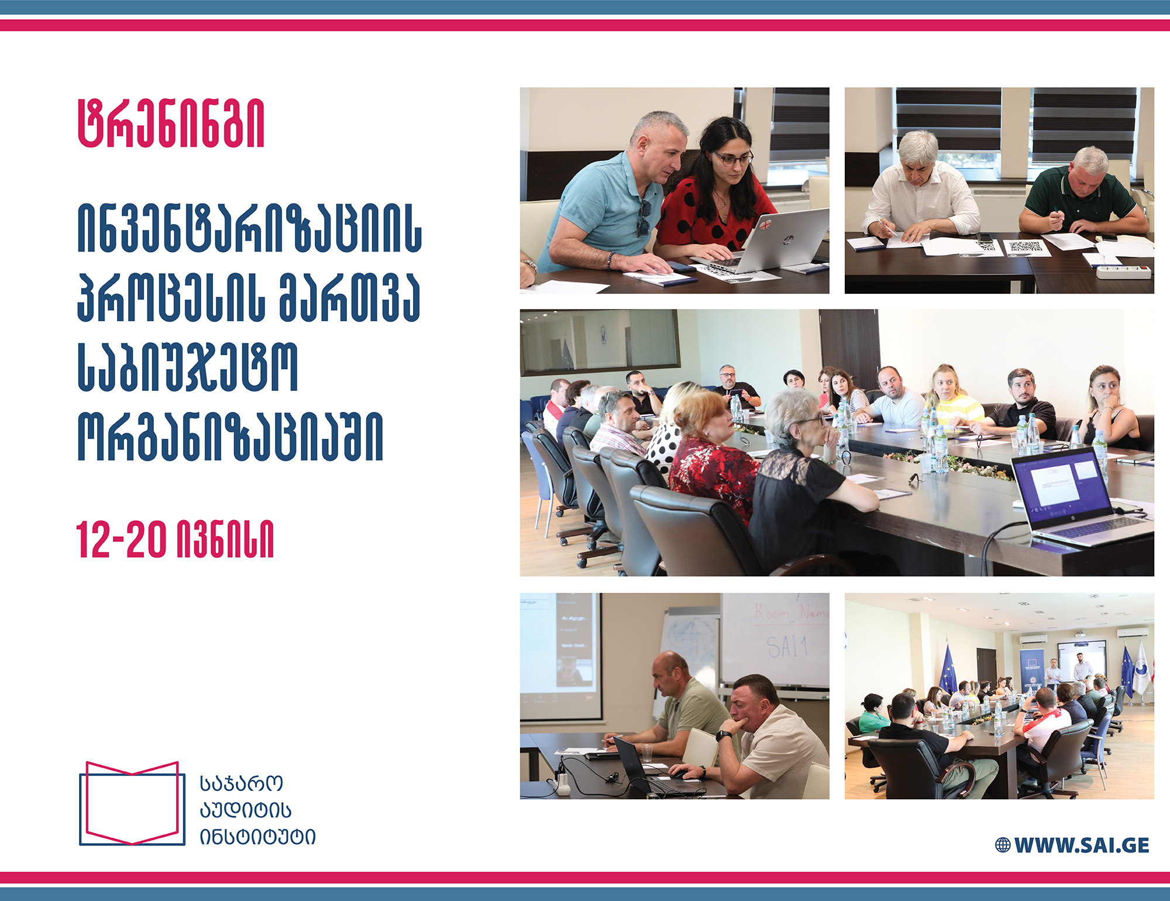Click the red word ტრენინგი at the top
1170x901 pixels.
point(171,123)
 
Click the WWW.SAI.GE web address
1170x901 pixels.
point(1082,845)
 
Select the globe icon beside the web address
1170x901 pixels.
point(1003,845)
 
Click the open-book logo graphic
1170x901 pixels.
point(132,803)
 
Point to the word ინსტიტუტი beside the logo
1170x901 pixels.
point(257,837)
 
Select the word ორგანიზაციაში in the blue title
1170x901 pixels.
point(230,436)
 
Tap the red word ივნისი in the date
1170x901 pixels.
point(225,539)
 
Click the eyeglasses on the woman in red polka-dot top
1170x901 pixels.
point(732,158)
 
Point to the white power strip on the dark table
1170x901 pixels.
point(1124,272)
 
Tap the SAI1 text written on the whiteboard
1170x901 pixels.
point(787,647)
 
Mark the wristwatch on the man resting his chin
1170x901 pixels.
point(724,735)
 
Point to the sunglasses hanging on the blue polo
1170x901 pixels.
point(643,218)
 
